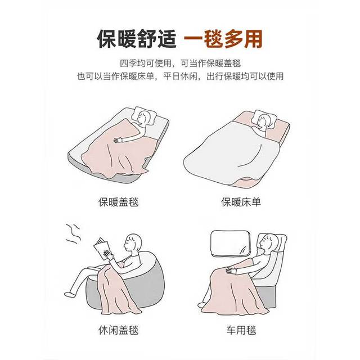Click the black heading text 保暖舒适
click(x=137, y=39)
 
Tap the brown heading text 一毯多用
click(x=223, y=39)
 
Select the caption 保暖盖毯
click(x=119, y=202)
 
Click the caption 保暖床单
click(x=241, y=202)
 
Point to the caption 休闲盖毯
click(x=119, y=330)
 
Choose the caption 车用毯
click(x=241, y=330)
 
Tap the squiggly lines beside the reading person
click(x=74, y=233)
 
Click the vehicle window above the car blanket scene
click(x=231, y=244)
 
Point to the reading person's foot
click(x=68, y=294)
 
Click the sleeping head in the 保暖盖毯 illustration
click(x=144, y=118)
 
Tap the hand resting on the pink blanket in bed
click(x=118, y=140)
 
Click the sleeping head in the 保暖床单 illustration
click(x=264, y=122)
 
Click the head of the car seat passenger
click(x=269, y=243)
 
